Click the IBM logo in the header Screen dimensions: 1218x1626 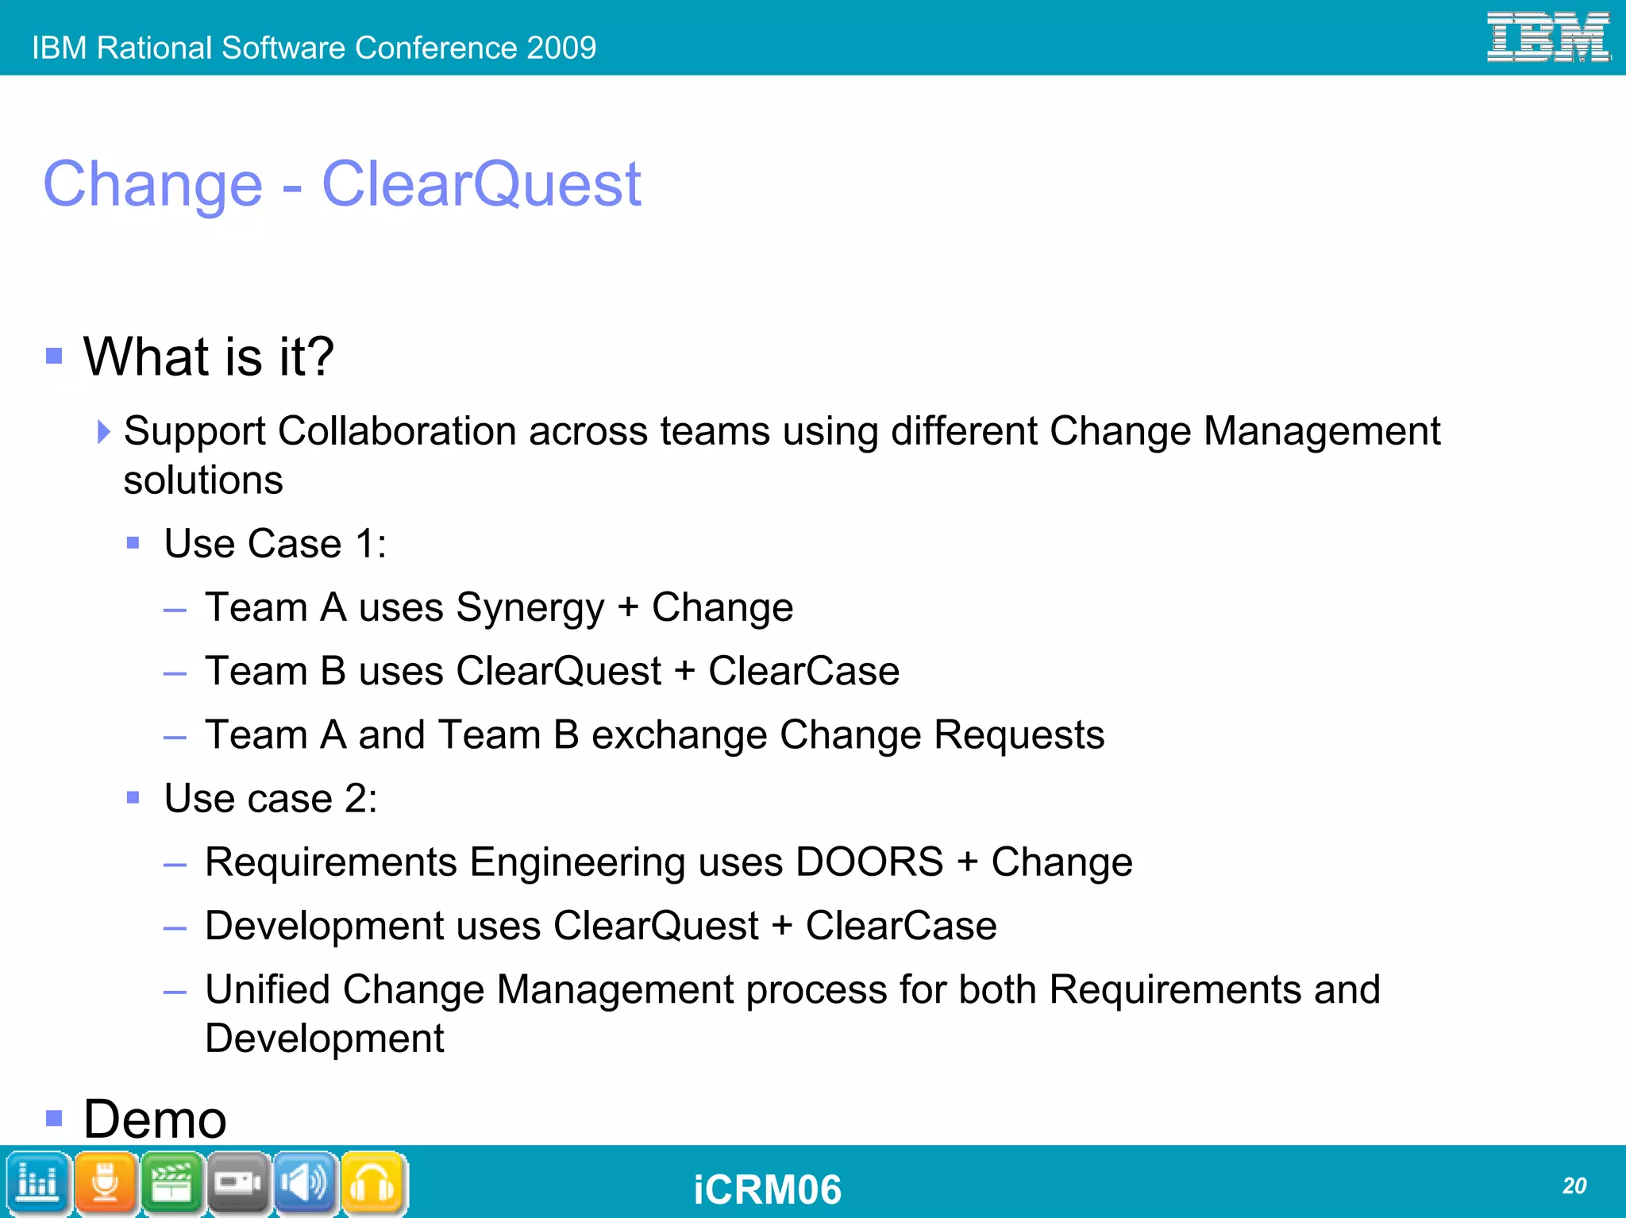tap(1547, 37)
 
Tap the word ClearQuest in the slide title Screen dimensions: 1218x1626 tap(481, 184)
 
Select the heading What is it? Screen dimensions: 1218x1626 tap(209, 357)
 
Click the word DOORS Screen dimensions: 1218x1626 tap(869, 862)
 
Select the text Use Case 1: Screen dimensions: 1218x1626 tap(275, 544)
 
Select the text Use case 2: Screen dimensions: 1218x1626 tap(271, 799)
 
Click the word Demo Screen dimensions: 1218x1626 tap(156, 1119)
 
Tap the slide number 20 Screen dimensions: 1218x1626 tap(1574, 1185)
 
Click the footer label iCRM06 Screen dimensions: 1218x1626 tap(767, 1189)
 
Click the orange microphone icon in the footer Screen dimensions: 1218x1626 tap(105, 1183)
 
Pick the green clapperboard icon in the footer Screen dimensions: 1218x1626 tap(171, 1183)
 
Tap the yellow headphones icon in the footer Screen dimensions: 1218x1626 tap(373, 1183)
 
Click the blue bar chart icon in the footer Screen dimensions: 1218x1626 tap(37, 1183)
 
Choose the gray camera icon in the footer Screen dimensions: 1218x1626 tap(238, 1183)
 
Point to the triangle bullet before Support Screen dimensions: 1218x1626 tap(103, 432)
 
